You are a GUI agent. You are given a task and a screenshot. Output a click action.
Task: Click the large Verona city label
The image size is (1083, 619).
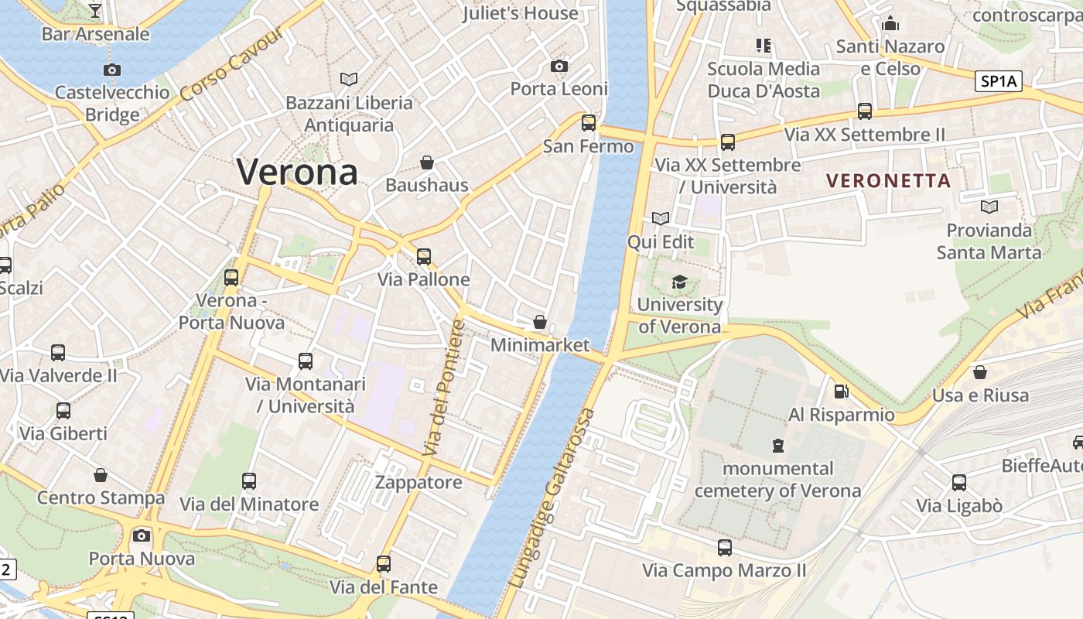tap(297, 171)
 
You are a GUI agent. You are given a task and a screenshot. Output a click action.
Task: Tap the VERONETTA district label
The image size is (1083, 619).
tap(888, 181)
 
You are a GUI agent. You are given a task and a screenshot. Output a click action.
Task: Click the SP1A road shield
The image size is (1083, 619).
tap(999, 81)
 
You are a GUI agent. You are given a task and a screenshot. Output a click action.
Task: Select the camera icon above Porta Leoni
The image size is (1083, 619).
tap(559, 67)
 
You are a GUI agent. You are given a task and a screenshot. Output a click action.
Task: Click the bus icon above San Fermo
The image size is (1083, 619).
tap(589, 122)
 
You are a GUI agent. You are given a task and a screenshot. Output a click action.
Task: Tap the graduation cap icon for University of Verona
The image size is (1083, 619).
tap(679, 282)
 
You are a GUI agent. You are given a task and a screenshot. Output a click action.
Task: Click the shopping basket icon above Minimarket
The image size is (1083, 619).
tap(540, 322)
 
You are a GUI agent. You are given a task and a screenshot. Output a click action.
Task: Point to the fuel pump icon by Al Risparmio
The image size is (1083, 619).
tap(841, 392)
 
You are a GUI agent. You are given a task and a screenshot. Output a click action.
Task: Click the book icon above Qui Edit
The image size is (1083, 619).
tap(660, 219)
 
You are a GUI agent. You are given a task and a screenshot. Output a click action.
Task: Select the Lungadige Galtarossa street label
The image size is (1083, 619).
tap(555, 498)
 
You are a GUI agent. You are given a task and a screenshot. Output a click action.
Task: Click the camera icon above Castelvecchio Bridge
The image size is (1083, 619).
tap(112, 70)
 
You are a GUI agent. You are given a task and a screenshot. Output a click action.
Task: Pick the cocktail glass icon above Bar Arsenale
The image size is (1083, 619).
tap(95, 10)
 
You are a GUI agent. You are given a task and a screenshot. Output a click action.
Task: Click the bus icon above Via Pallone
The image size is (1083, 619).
tap(423, 256)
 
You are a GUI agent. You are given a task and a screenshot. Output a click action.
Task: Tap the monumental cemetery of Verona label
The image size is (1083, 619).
tap(777, 480)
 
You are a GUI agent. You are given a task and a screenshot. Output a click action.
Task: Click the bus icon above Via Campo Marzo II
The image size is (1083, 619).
tap(724, 548)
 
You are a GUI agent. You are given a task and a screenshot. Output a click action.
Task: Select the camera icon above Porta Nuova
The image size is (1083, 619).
tap(142, 535)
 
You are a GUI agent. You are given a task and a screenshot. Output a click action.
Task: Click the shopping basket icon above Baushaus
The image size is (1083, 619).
tap(426, 162)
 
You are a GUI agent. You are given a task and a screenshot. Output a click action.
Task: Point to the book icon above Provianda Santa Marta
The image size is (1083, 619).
tap(989, 207)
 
